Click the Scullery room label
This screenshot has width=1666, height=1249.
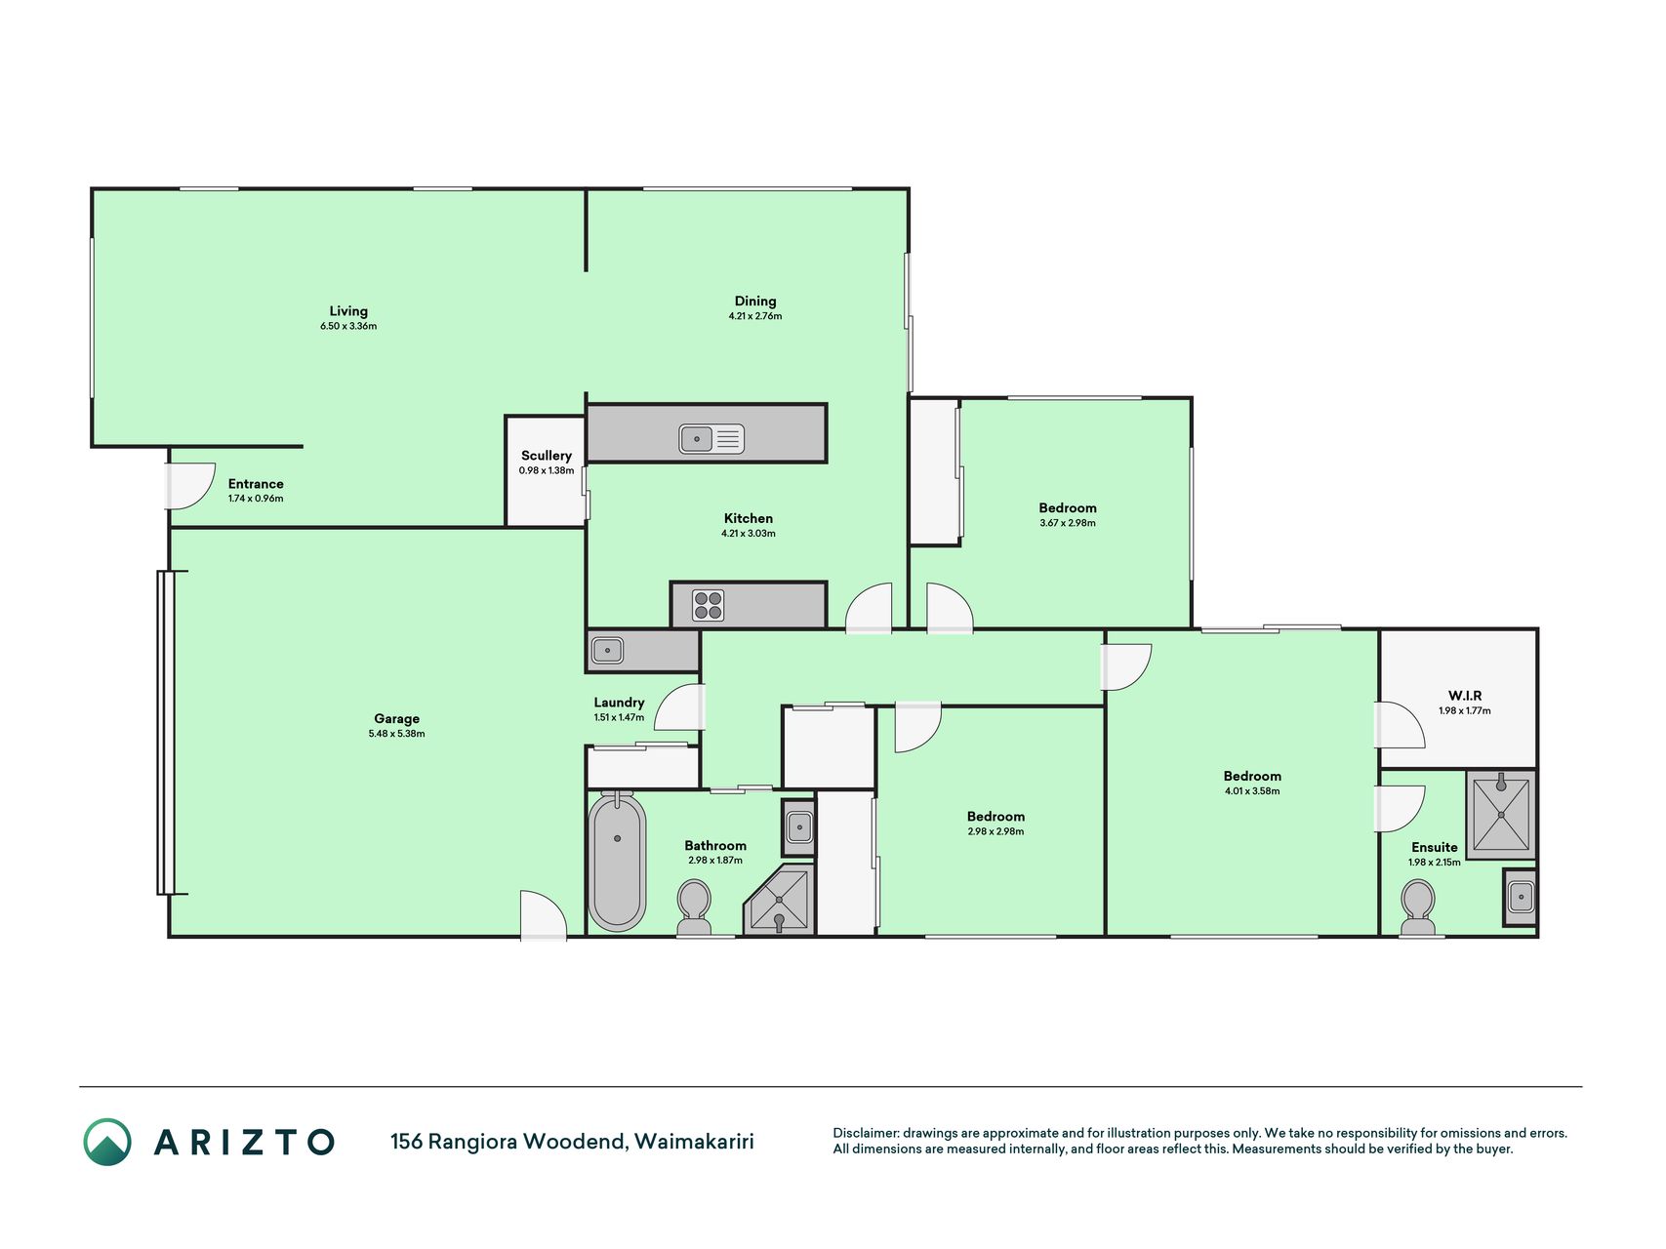click(547, 456)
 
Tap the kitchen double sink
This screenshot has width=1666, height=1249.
click(711, 439)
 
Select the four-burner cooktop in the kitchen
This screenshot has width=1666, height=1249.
click(709, 605)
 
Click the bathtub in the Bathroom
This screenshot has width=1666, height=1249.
click(617, 861)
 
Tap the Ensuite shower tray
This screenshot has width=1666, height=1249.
click(1501, 815)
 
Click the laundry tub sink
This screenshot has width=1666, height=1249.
click(607, 650)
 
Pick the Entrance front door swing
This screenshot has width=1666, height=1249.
click(191, 486)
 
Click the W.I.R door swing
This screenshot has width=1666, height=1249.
click(1401, 725)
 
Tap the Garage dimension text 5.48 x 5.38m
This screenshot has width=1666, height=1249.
click(396, 734)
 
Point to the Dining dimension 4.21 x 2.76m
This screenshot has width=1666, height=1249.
click(755, 316)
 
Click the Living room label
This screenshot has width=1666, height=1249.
click(348, 311)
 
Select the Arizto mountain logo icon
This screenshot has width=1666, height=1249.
click(107, 1142)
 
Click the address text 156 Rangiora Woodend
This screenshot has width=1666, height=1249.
click(508, 1141)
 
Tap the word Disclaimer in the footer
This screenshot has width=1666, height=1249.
click(864, 1133)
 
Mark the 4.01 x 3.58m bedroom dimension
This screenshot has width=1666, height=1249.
click(1252, 791)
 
